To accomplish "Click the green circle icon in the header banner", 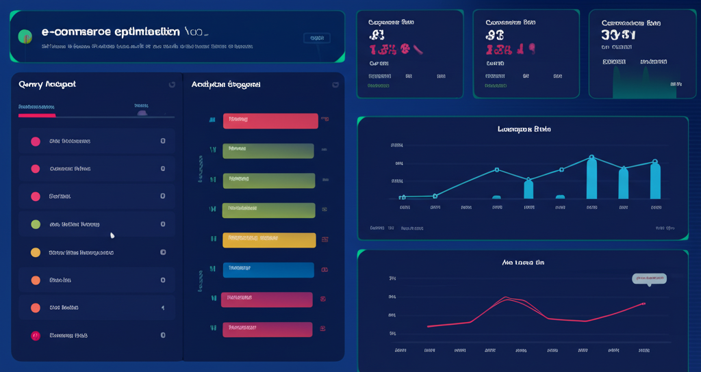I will [x=25, y=36].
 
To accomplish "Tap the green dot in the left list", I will [x=36, y=224].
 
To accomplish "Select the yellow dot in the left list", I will [x=36, y=252].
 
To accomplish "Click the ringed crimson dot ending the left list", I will [x=36, y=336].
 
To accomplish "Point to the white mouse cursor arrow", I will [x=112, y=236].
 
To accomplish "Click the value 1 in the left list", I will [x=162, y=308].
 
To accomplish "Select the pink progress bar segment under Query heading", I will [x=37, y=116].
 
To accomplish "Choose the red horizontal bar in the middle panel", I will [x=270, y=120].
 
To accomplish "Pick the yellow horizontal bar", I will [x=269, y=239].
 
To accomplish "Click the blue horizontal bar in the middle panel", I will [x=268, y=269].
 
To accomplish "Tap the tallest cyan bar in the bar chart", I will [x=591, y=178].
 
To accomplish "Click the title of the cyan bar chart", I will [x=524, y=129].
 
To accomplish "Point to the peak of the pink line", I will [x=506, y=297].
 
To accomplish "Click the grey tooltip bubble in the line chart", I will [x=649, y=278].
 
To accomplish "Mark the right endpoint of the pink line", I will [x=643, y=303].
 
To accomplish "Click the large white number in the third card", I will [x=618, y=36].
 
